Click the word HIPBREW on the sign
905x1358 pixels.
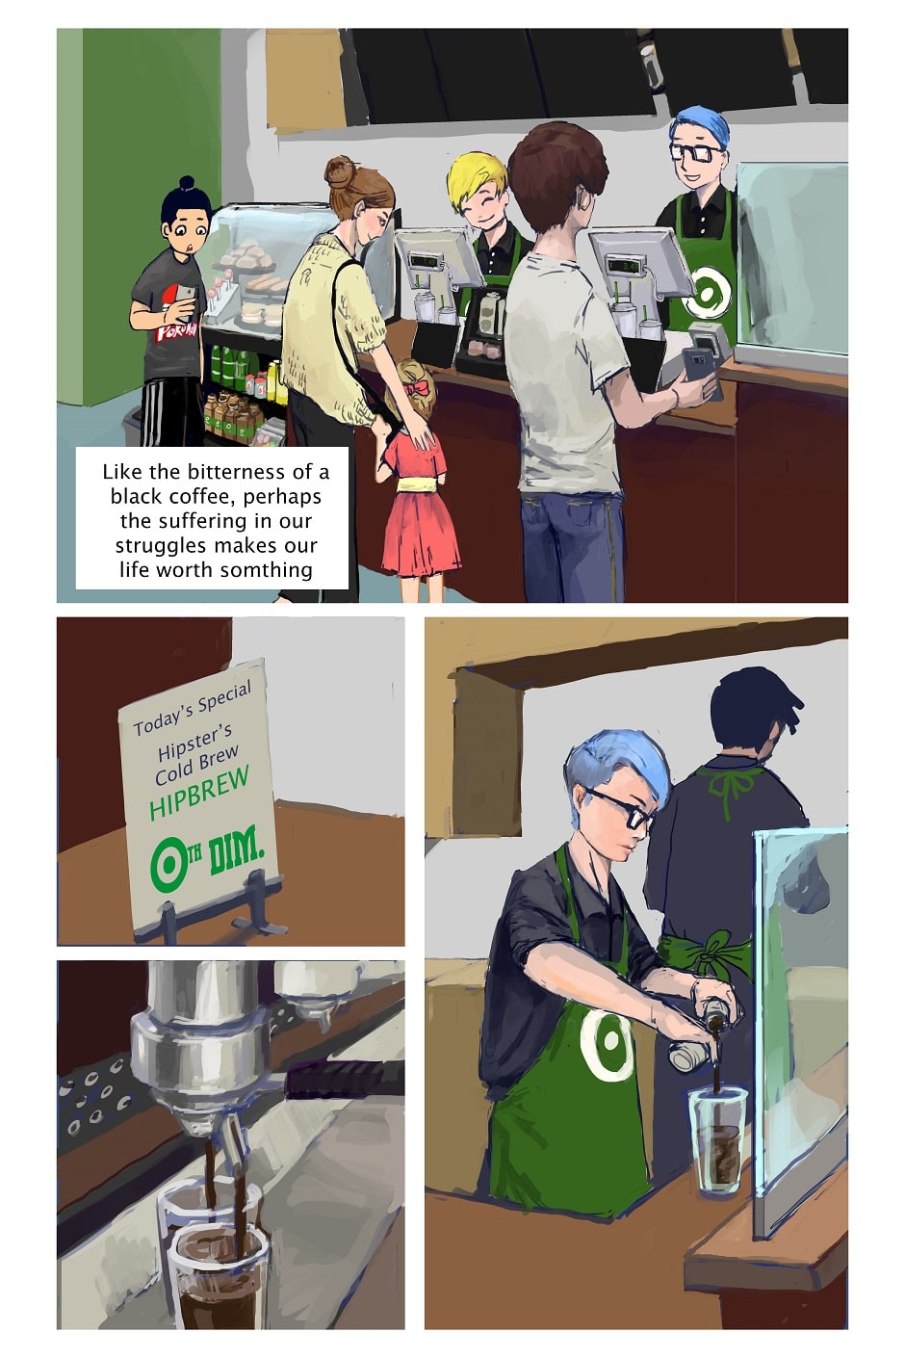pyautogui.click(x=199, y=793)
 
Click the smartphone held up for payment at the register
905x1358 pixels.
pyautogui.click(x=702, y=371)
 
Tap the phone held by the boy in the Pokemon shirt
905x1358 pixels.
pyautogui.click(x=186, y=300)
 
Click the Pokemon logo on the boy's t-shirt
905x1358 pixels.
pyautogui.click(x=176, y=329)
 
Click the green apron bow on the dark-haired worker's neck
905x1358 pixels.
pyautogui.click(x=729, y=785)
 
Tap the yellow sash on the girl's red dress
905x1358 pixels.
pyautogui.click(x=413, y=483)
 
